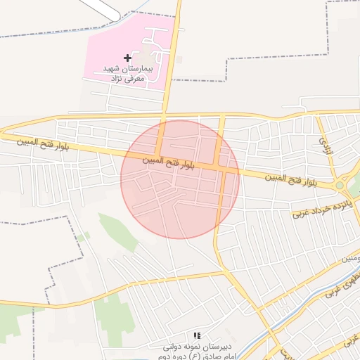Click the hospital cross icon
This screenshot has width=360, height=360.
coord(127,57)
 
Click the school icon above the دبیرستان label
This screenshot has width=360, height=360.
coord(197,336)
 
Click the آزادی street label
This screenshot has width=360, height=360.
coord(324,146)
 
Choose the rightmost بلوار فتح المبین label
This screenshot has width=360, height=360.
coord(290,180)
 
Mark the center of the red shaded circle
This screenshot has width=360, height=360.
coord(180,180)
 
